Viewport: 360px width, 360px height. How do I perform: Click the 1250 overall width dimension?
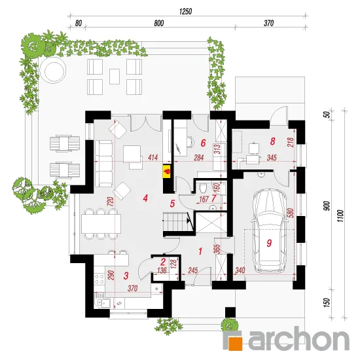185,12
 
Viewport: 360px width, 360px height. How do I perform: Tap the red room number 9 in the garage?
269,243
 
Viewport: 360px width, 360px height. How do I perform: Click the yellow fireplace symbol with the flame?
167,171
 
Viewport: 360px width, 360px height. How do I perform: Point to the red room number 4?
145,198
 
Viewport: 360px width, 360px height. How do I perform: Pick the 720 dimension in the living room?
111,202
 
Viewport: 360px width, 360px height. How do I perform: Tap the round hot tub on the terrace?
52,69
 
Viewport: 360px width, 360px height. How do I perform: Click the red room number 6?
203,143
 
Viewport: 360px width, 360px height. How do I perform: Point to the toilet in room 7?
203,189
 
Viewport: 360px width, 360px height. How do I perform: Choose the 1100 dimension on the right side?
341,215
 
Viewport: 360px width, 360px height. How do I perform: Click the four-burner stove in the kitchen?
99,279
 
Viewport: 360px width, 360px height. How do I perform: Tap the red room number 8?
272,141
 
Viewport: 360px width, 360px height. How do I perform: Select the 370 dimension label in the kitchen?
133,288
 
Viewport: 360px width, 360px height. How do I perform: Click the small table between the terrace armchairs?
115,77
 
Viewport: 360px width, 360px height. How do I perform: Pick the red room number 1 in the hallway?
200,251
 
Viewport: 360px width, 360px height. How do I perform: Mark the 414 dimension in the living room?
153,158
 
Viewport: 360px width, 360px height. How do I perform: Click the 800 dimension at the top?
159,23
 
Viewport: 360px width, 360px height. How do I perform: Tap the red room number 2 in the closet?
163,262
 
